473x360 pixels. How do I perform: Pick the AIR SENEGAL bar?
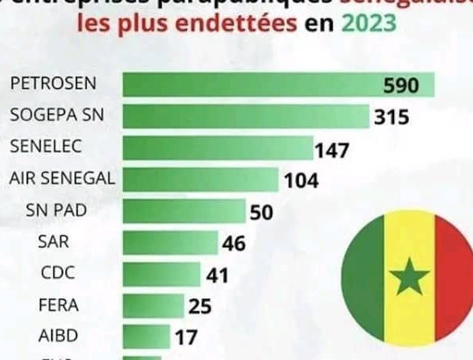click(201, 180)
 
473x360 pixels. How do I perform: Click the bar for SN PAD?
click(184, 211)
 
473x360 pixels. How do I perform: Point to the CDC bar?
click(162, 274)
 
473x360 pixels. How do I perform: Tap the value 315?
click(392, 118)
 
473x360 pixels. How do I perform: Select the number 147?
click(331, 149)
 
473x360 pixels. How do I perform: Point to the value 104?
click(301, 180)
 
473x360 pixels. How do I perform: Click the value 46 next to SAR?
click(233, 243)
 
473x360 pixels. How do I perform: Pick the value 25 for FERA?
click(200, 306)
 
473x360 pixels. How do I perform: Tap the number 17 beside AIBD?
click(186, 337)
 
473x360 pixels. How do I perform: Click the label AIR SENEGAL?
click(61, 177)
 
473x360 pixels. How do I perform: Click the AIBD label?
click(58, 335)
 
